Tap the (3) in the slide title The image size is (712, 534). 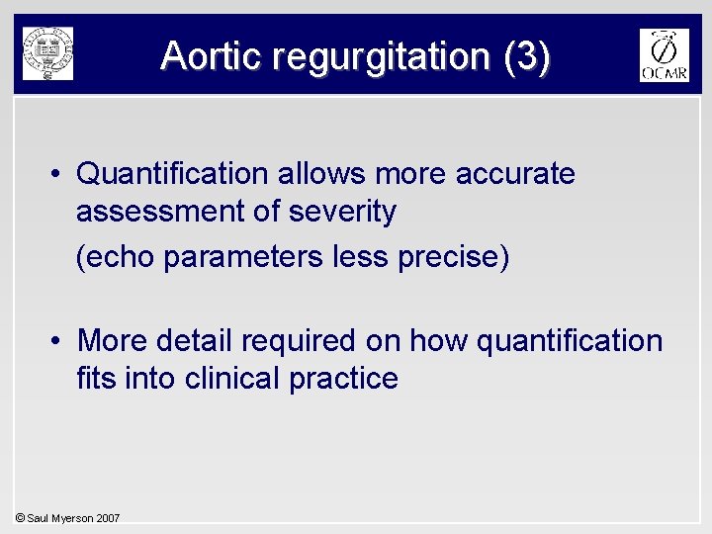(526, 55)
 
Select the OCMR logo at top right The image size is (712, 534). (664, 55)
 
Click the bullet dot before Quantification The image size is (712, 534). (59, 175)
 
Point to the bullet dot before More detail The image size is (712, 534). (59, 341)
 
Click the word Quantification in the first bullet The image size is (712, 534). (172, 174)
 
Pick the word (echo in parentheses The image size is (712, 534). (117, 257)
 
